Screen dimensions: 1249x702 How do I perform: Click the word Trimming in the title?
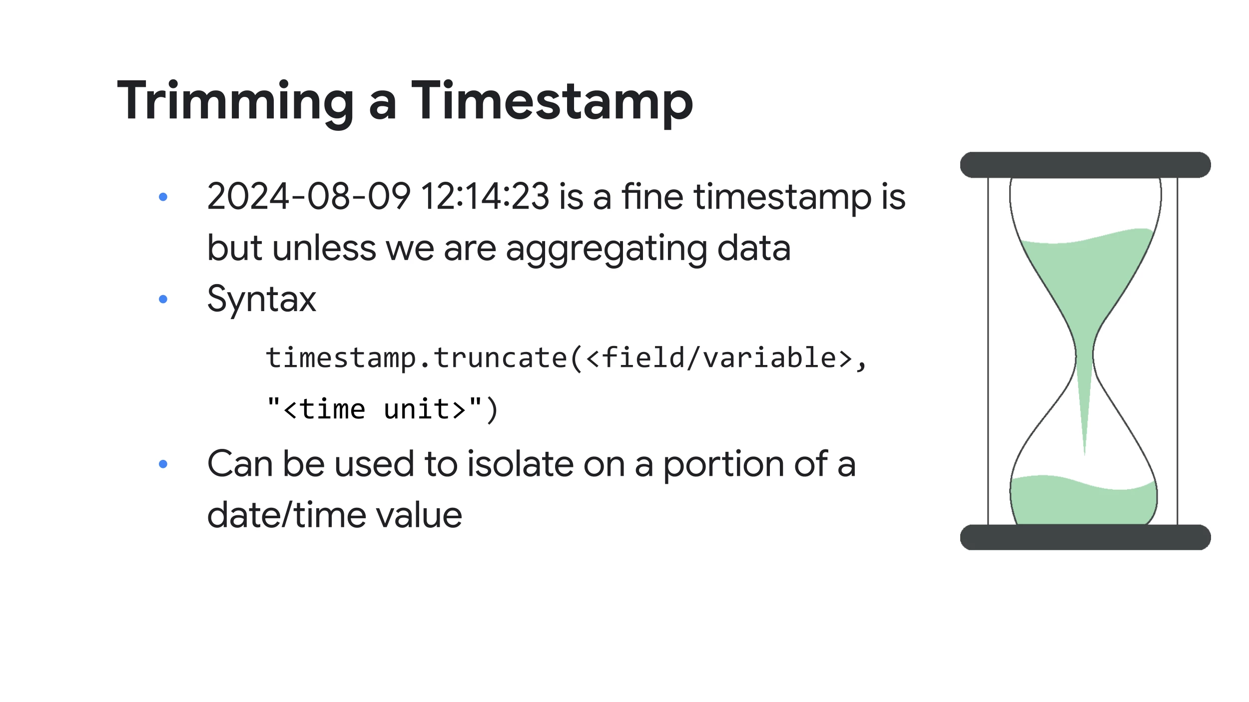tap(235, 102)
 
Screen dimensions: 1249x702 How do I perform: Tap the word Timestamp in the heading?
tap(552, 102)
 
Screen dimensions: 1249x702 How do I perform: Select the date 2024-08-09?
tap(309, 196)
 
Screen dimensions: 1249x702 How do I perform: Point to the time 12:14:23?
tap(485, 196)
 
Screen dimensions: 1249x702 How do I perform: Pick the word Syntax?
tap(262, 300)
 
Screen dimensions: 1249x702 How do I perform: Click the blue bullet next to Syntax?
tap(163, 299)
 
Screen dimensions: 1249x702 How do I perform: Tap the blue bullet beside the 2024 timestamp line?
tap(163, 197)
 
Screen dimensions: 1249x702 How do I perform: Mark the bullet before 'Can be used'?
tap(163, 464)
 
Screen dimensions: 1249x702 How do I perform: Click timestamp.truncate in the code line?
tap(416, 358)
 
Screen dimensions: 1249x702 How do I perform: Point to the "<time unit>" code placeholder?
tap(375, 409)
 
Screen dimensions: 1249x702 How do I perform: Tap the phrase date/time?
tap(284, 515)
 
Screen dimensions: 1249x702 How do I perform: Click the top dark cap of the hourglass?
tap(1085, 165)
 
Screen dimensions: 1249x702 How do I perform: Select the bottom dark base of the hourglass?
tap(1085, 537)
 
